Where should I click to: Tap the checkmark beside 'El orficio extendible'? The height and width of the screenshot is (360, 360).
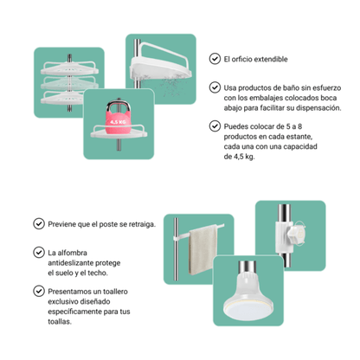click(x=215, y=60)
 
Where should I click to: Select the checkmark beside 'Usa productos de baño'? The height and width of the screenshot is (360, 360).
click(x=215, y=87)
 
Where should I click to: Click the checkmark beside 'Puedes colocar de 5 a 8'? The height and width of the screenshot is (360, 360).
click(x=215, y=125)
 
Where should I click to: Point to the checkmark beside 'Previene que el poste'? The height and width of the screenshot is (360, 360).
click(x=37, y=223)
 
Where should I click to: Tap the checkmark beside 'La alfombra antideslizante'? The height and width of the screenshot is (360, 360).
click(x=37, y=252)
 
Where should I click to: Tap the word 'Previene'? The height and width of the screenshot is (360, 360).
click(x=66, y=223)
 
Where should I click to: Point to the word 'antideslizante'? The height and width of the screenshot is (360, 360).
click(x=79, y=262)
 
